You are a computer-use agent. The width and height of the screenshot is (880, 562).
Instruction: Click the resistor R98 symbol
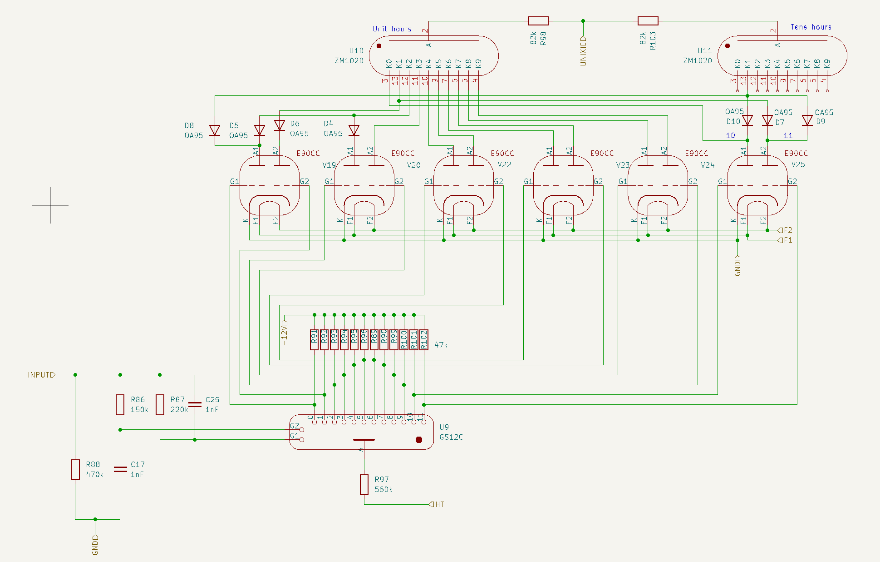coord(538,21)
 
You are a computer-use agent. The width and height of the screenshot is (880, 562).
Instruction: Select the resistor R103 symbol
coord(648,21)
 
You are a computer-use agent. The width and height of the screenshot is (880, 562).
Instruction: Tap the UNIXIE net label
coord(583,51)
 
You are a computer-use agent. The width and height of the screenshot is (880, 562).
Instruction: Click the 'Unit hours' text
coord(392,29)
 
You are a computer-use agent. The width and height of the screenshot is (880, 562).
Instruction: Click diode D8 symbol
coord(215,130)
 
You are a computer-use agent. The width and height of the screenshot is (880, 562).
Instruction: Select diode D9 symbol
coord(807,120)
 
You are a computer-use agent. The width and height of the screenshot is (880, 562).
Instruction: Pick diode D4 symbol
coord(354,130)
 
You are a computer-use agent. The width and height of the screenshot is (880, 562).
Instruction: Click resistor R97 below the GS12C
coord(364,484)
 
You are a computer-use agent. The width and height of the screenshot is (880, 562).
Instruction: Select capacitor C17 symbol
coord(120,469)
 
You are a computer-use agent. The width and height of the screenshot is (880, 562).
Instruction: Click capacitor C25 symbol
coord(195,404)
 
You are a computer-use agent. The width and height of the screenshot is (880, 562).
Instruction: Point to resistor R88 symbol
coord(75,469)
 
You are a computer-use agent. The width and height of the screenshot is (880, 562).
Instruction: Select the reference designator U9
coord(444,427)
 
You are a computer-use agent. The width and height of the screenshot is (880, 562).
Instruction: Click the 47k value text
coord(441,345)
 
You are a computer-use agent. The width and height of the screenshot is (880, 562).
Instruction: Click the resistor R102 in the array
coord(424,339)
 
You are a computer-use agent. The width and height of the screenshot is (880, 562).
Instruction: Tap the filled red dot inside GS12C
coord(419,440)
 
